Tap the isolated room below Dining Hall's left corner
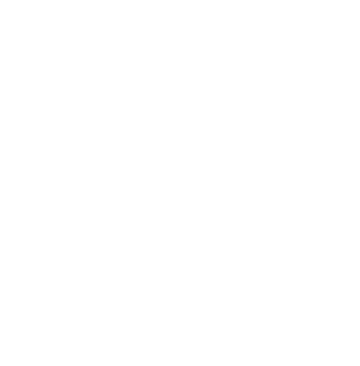[52, 290]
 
